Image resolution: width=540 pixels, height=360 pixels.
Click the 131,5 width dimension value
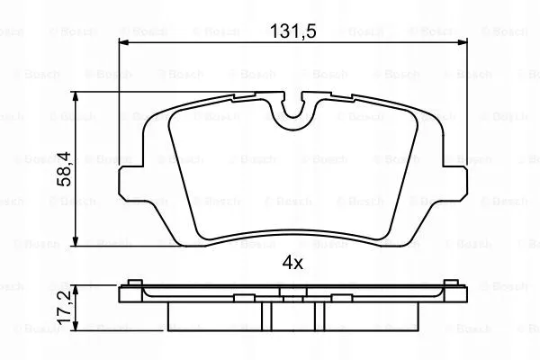click(x=292, y=31)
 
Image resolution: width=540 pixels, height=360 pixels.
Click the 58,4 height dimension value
click(x=64, y=169)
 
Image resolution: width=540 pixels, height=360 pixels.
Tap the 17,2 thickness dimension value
click(x=64, y=307)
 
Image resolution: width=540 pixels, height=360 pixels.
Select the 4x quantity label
click(x=292, y=263)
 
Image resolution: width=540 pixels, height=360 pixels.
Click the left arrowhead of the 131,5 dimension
click(x=123, y=42)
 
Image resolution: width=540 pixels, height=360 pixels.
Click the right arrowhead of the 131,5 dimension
click(x=463, y=42)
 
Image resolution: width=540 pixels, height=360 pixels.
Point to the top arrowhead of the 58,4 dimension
click(x=76, y=97)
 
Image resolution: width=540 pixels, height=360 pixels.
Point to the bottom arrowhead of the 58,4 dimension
click(x=76, y=241)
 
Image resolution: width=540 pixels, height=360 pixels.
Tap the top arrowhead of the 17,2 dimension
click(x=76, y=290)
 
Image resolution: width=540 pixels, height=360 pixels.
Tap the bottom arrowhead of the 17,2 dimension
click(x=76, y=326)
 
